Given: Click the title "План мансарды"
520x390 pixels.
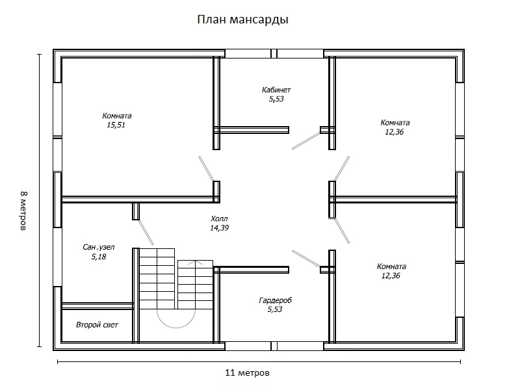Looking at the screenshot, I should click(x=242, y=19).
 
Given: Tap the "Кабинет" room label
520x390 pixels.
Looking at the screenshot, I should click(x=276, y=90).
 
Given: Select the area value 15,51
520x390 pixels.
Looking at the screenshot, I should click(x=116, y=125).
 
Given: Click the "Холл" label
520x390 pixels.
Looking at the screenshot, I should click(x=220, y=219).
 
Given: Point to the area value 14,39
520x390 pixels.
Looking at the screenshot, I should click(x=220, y=228).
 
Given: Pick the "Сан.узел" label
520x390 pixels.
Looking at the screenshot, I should click(x=99, y=247).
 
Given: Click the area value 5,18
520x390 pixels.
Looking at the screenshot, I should click(x=99, y=257).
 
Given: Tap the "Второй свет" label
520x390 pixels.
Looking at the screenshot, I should click(x=97, y=324).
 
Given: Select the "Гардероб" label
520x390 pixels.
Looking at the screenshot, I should click(x=275, y=301).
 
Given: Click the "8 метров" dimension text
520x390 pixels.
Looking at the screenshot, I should click(x=24, y=211).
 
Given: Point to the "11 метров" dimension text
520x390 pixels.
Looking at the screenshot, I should click(x=247, y=373).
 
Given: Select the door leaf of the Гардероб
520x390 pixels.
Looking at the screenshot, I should click(x=305, y=258).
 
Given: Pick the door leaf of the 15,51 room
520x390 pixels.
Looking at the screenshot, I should click(x=206, y=168).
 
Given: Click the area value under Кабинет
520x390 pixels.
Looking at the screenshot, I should click(x=276, y=99).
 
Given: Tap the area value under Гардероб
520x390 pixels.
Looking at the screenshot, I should click(x=275, y=310).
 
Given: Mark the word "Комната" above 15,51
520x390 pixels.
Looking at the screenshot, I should click(x=117, y=116).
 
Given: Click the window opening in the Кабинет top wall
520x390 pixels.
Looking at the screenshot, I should click(x=274, y=53).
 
